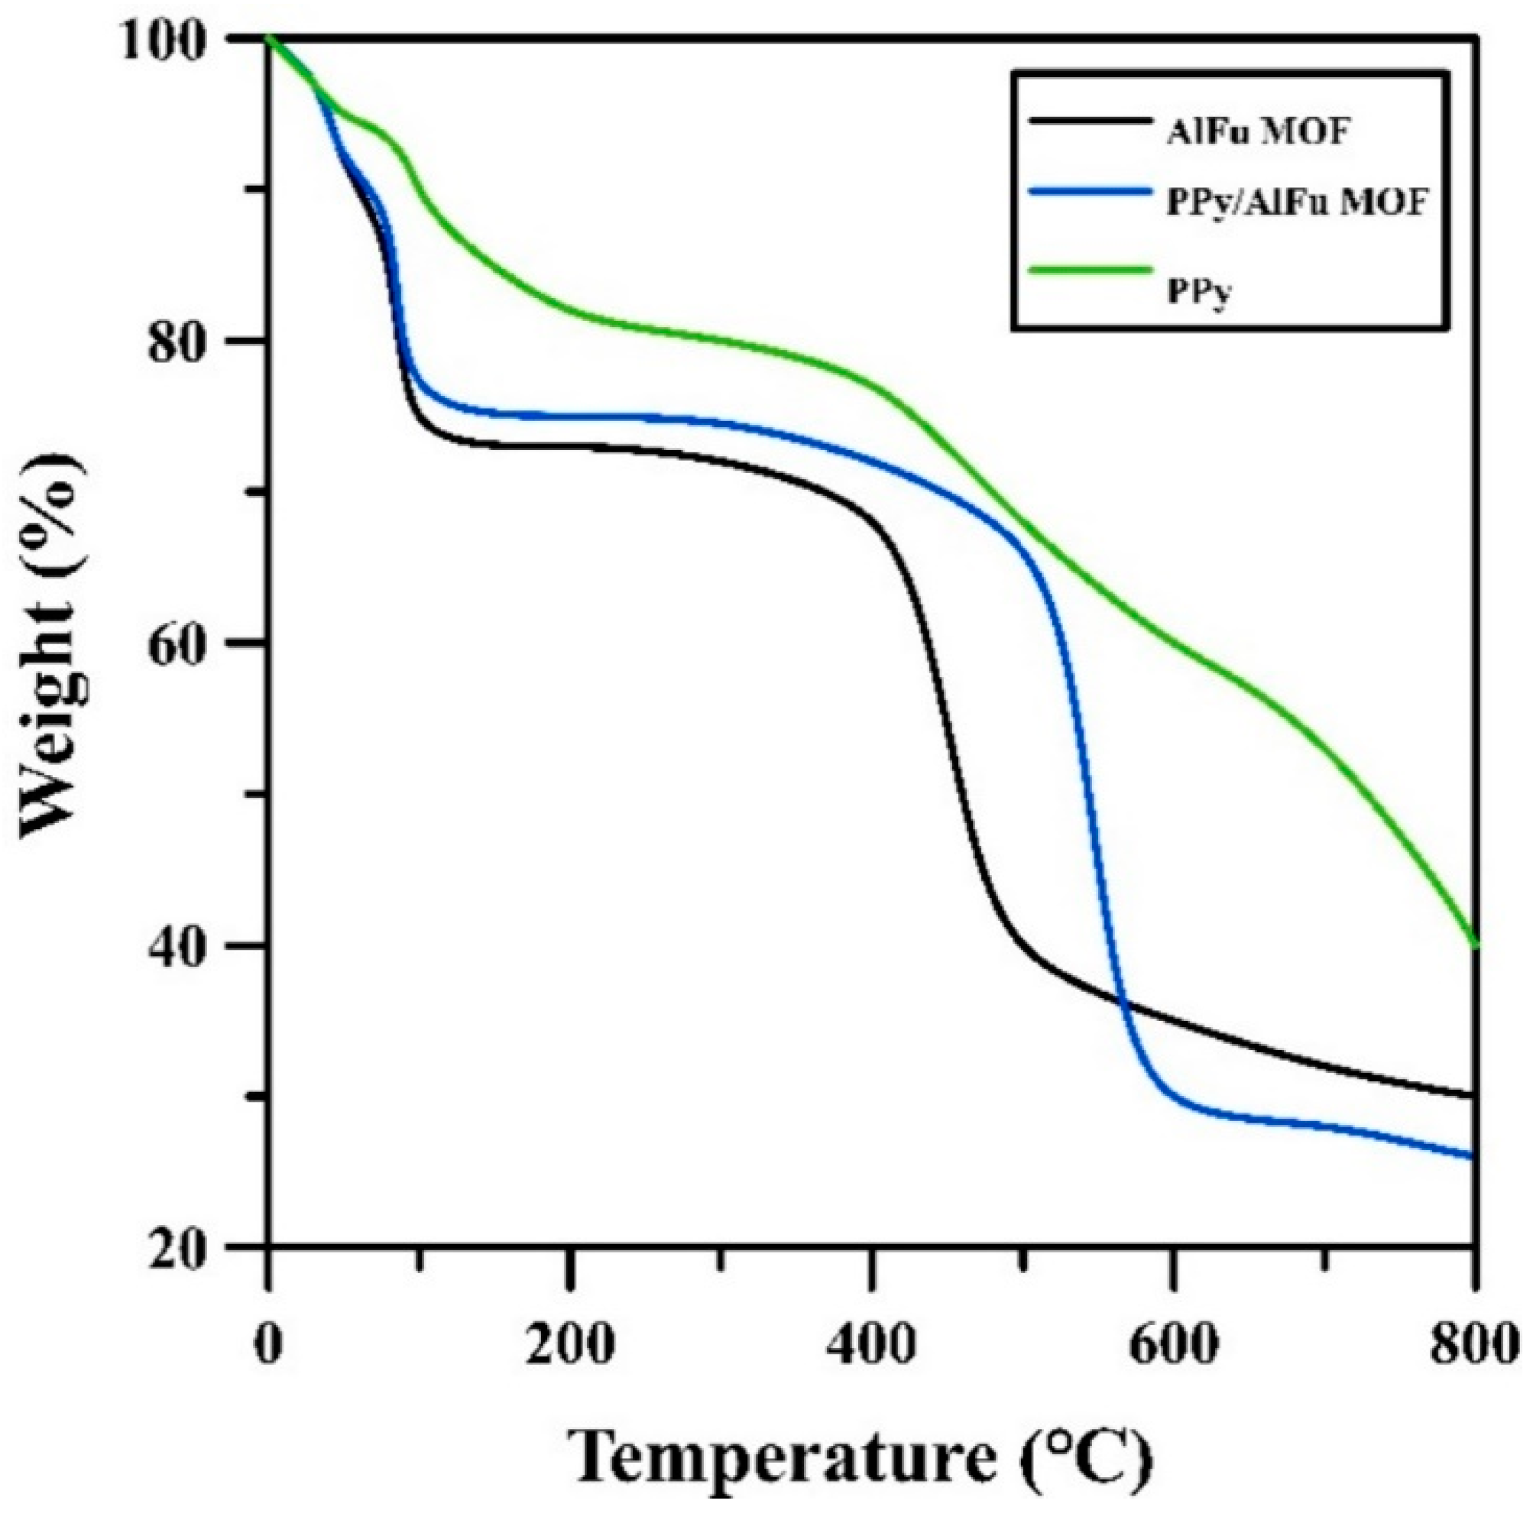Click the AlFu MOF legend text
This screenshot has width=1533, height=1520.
pyautogui.click(x=1258, y=132)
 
